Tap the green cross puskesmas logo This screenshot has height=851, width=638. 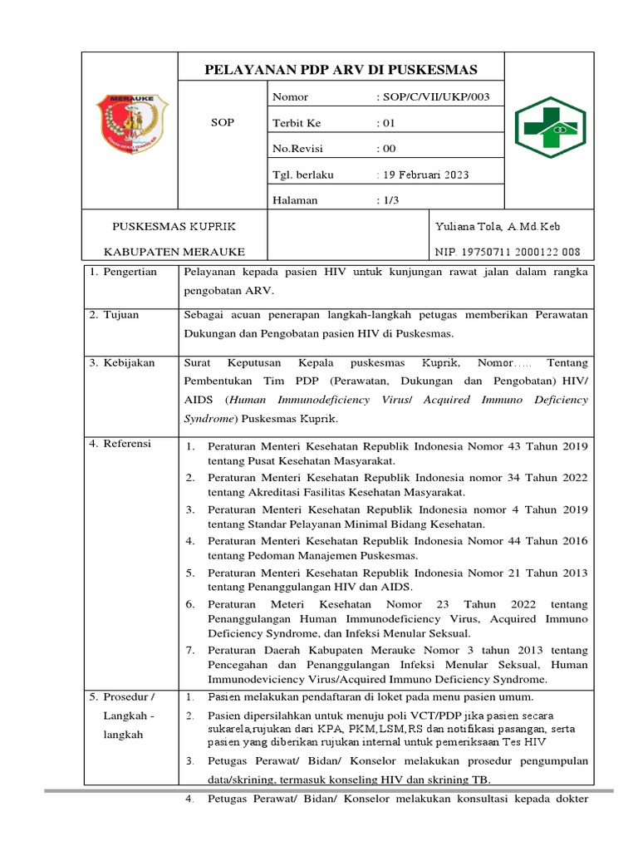point(551,127)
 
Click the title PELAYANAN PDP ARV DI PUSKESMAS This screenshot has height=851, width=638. point(341,69)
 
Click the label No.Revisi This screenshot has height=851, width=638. point(297,149)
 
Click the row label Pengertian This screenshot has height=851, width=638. point(130,273)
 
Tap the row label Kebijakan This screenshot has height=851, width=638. point(129,363)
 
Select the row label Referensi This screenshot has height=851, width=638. point(127,444)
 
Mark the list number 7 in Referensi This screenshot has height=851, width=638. point(190,650)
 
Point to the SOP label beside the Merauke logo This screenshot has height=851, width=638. point(223,123)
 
